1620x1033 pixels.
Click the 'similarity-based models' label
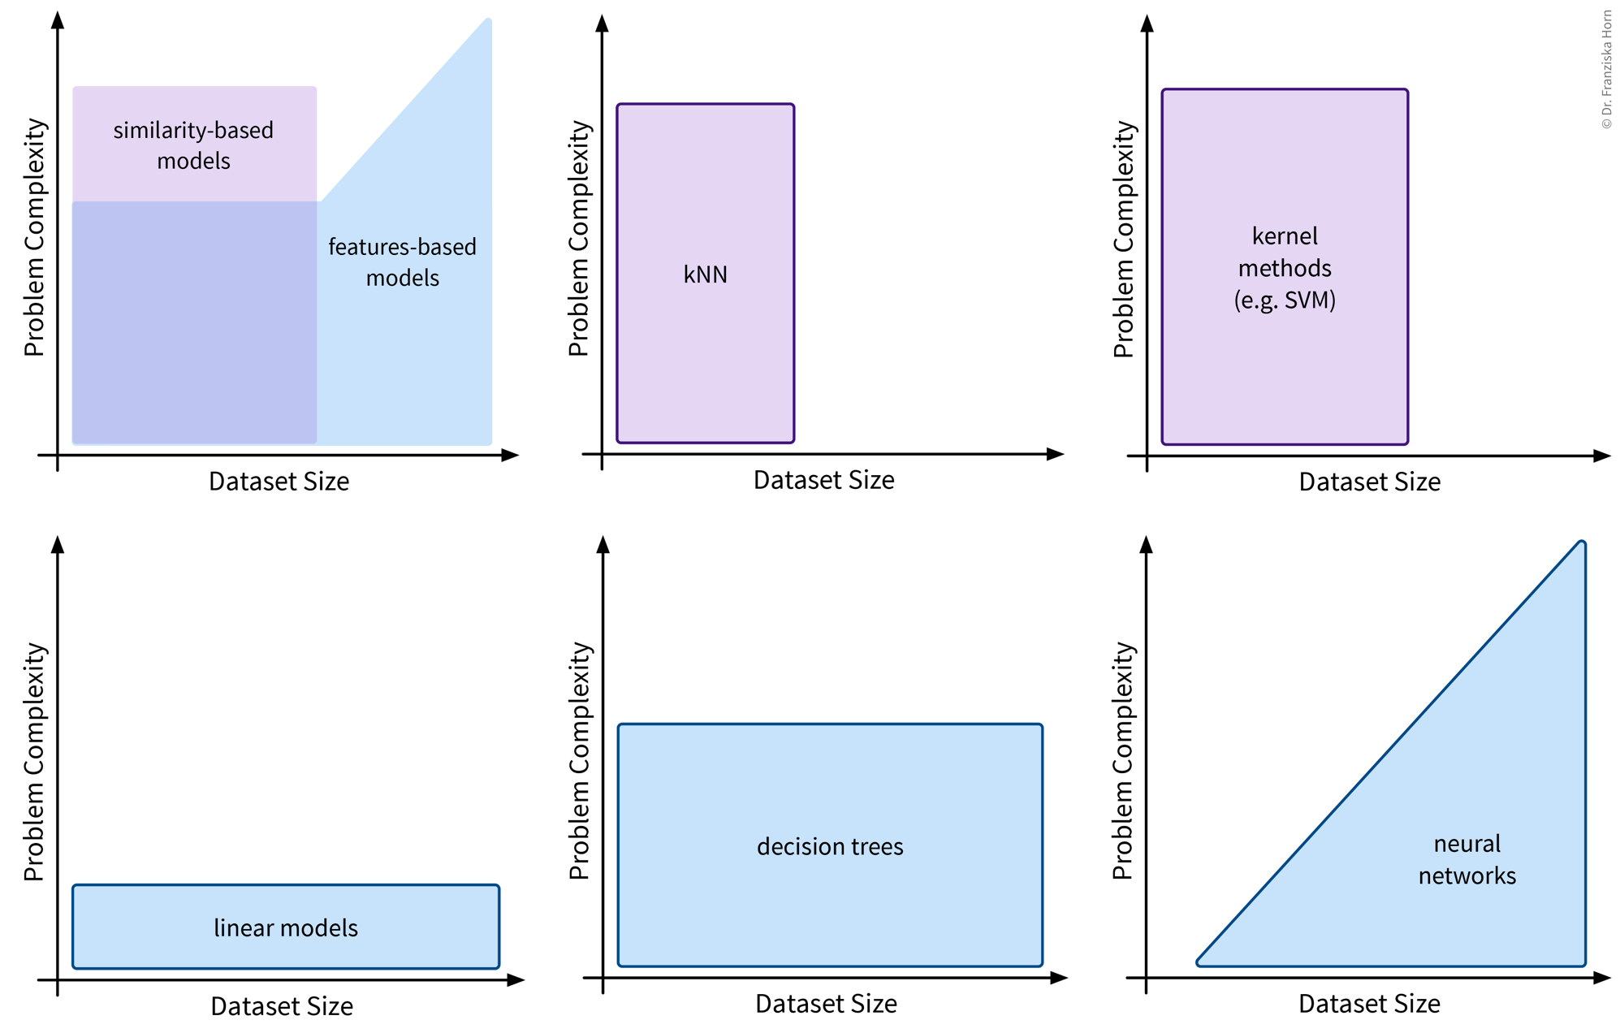pyautogui.click(x=193, y=145)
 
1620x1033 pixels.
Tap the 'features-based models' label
pyautogui.click(x=402, y=261)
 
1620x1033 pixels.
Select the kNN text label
pyautogui.click(x=705, y=274)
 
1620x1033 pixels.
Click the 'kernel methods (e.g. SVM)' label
pyautogui.click(x=1285, y=268)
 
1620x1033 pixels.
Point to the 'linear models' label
pyautogui.click(x=286, y=927)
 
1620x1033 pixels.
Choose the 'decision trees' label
pyautogui.click(x=830, y=846)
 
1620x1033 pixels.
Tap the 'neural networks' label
pyautogui.click(x=1467, y=859)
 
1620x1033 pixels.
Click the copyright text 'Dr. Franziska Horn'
pyautogui.click(x=1606, y=69)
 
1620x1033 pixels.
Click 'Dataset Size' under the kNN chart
pyautogui.click(x=823, y=480)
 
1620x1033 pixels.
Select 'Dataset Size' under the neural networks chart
pyautogui.click(x=1369, y=1004)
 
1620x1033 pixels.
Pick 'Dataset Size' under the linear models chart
pyautogui.click(x=282, y=1006)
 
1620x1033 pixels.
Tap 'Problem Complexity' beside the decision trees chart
pyautogui.click(x=579, y=760)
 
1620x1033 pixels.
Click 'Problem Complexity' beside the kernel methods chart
pyautogui.click(x=1123, y=239)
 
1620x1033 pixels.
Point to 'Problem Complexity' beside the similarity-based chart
pyautogui.click(x=34, y=237)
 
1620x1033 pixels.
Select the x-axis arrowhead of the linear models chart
pyautogui.click(x=516, y=980)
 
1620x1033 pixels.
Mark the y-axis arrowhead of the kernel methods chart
pyautogui.click(x=1147, y=23)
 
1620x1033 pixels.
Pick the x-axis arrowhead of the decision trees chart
pyautogui.click(x=1059, y=978)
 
